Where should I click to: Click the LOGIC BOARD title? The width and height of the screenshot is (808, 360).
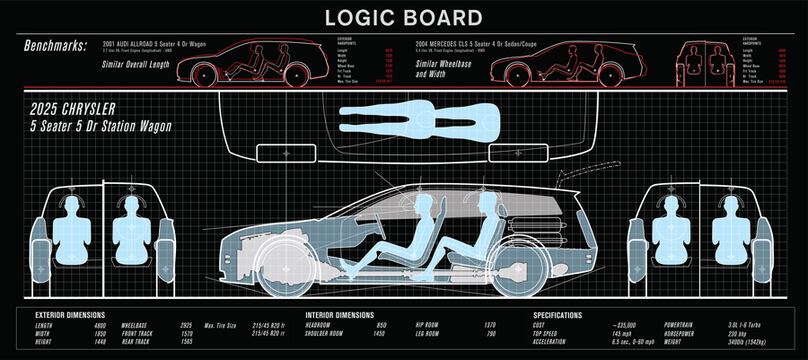[403, 17]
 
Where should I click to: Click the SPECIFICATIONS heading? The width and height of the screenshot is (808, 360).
[558, 315]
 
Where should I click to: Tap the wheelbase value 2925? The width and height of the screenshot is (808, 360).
[186, 325]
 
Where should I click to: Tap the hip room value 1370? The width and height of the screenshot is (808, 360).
[489, 325]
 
